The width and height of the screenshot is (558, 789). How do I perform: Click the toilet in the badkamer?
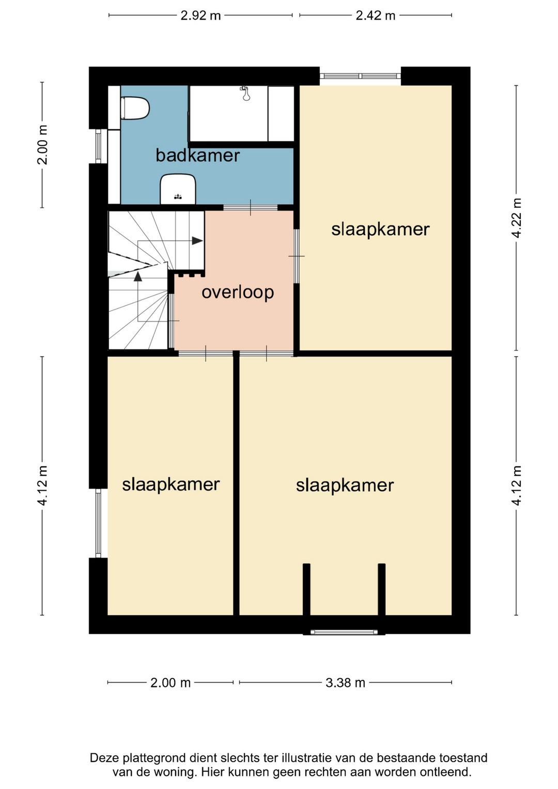tap(135, 108)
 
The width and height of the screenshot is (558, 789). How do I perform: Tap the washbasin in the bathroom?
tap(178, 189)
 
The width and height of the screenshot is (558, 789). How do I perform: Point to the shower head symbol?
tap(246, 93)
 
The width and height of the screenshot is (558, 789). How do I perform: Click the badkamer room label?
tap(197, 155)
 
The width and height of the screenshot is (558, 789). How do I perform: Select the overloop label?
tap(238, 292)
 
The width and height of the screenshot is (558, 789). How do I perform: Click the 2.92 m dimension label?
tap(200, 16)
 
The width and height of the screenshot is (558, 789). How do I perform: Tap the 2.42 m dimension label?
tap(375, 16)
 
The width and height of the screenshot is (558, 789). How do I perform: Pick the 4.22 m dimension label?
tap(516, 218)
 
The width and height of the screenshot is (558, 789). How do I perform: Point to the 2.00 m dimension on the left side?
tap(42, 145)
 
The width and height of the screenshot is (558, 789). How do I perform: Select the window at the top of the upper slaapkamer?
tap(360, 75)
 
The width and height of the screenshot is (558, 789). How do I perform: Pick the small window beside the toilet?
tap(98, 146)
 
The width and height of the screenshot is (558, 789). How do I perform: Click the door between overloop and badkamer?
tap(251, 207)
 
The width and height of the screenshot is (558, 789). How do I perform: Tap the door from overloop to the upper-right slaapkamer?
tap(297, 256)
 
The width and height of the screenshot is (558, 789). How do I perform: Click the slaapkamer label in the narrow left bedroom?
tap(171, 484)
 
